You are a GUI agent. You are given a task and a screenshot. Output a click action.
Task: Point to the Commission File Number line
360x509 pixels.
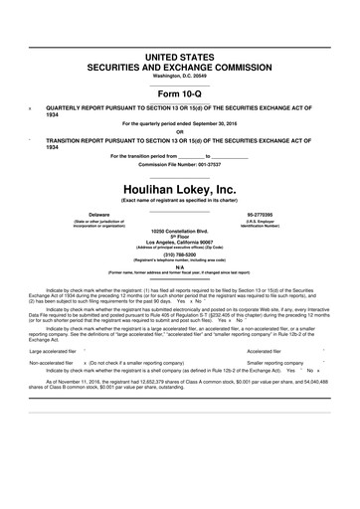pos(180,165)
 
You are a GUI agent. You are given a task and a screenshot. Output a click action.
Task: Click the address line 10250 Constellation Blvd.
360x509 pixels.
pos(180,230)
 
